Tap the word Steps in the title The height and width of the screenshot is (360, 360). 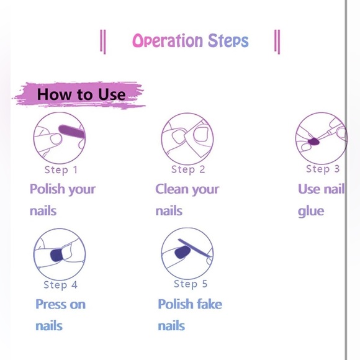click(228, 40)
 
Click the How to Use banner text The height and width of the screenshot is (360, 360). click(81, 94)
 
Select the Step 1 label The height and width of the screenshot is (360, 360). click(61, 170)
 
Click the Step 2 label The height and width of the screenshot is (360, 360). click(188, 169)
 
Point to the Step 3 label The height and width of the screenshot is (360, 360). click(323, 169)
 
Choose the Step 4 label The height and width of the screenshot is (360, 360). click(60, 285)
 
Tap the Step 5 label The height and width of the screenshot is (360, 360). click(191, 284)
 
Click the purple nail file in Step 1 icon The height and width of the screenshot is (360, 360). click(72, 132)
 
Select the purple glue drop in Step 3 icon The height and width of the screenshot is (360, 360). click(313, 142)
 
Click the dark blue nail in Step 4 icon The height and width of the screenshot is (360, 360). click(56, 254)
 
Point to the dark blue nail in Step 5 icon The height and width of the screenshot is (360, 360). click(182, 252)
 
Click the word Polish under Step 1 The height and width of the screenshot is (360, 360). click(48, 189)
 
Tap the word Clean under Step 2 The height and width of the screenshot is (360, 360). click(172, 189)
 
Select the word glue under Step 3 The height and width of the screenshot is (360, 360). click(311, 212)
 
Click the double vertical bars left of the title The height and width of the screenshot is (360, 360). click(103, 42)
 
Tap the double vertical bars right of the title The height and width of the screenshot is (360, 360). click(277, 42)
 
